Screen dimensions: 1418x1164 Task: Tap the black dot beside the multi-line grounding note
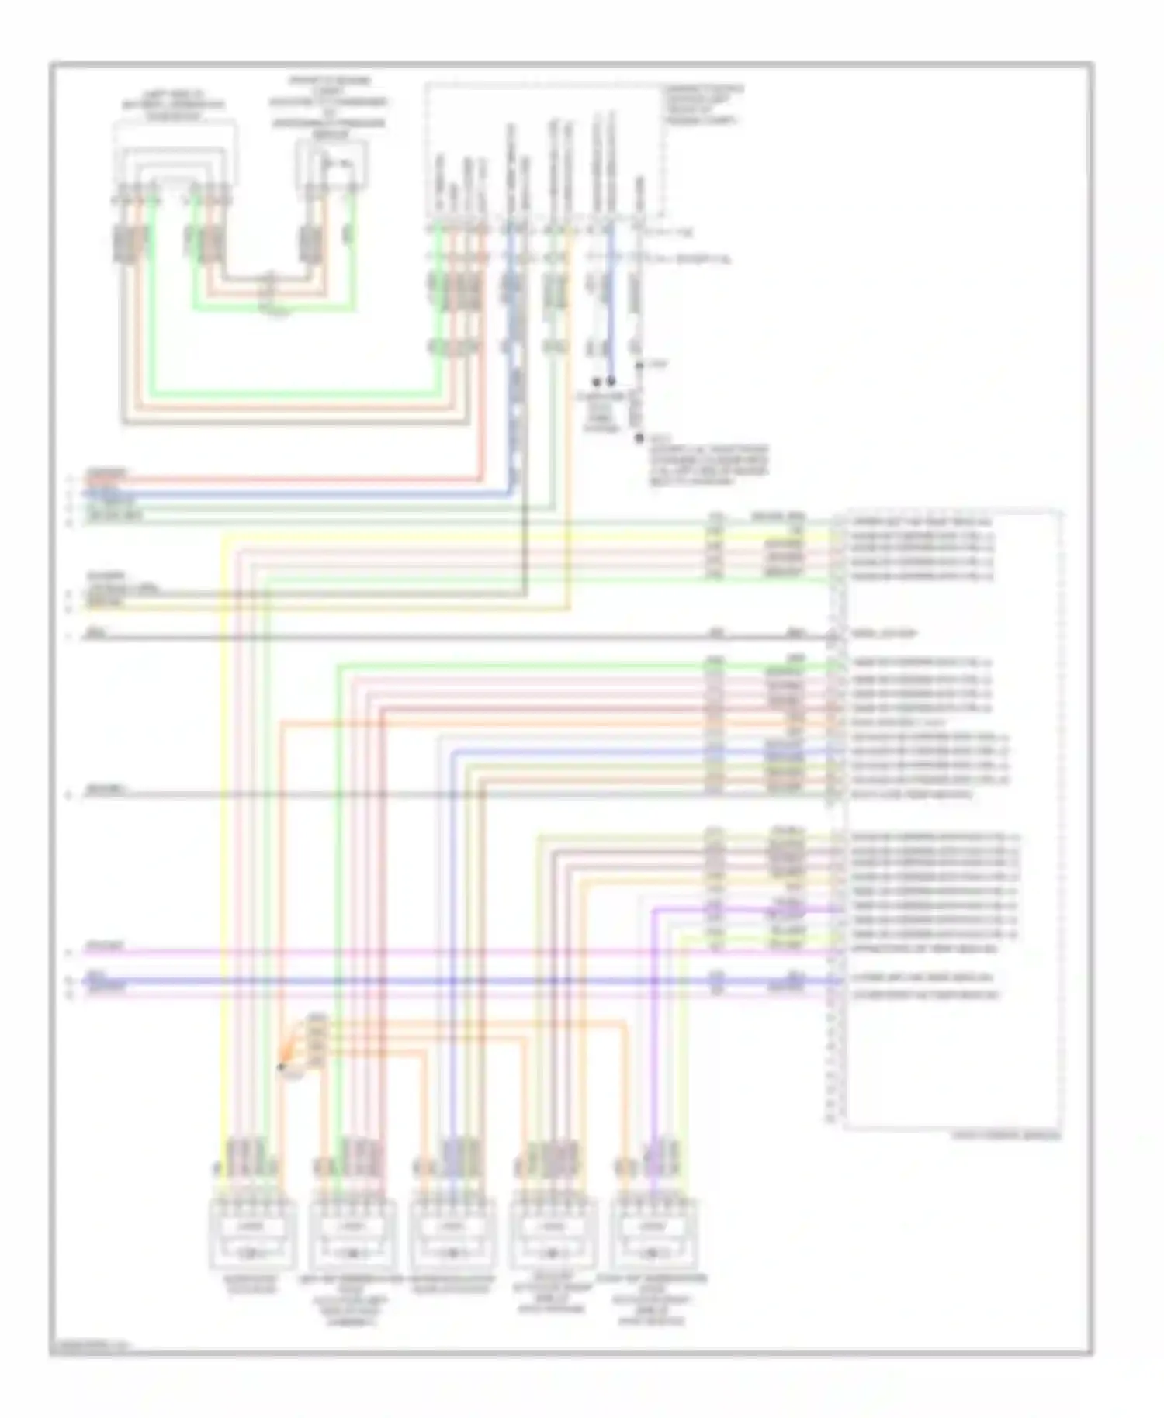[x=639, y=438]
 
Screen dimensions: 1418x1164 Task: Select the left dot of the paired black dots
[x=597, y=382]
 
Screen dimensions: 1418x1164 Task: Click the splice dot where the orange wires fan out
[x=281, y=1067]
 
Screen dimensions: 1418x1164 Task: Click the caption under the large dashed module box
[x=1006, y=1136]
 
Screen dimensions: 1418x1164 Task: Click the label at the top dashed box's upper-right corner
[x=703, y=105]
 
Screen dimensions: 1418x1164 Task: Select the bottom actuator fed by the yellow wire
[x=251, y=1233]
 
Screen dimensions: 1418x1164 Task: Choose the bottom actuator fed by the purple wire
[x=653, y=1233]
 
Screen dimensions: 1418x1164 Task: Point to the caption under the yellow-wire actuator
[x=250, y=1284]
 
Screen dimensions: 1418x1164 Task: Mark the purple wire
[x=654, y=1008]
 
